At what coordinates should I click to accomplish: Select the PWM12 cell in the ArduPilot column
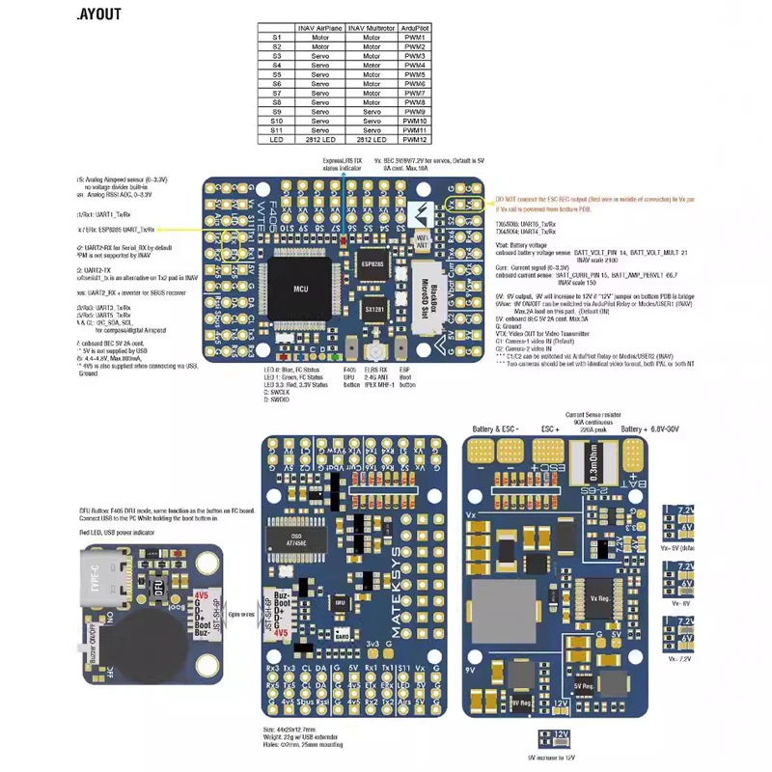415,139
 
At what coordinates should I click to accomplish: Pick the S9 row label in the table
276,111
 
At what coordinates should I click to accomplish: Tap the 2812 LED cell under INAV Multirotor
372,139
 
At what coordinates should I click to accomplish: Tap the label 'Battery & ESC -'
496,429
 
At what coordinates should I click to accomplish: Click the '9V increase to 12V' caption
552,758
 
